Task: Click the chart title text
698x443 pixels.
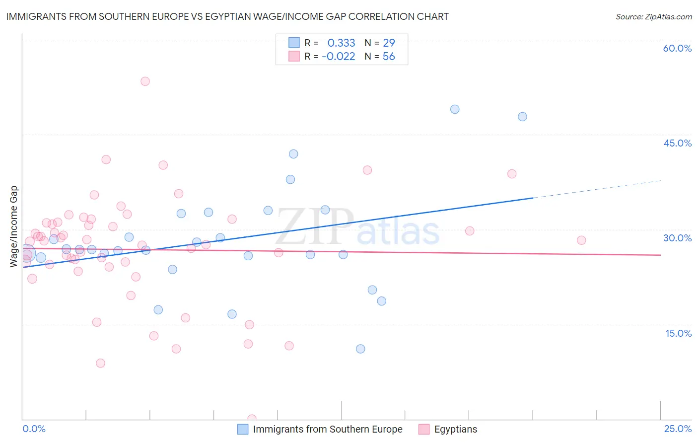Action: (x=227, y=16)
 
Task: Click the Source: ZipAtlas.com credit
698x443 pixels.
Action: (x=653, y=16)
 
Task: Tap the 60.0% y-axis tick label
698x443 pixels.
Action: (x=677, y=48)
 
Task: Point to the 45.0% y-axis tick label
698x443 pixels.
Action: (x=677, y=143)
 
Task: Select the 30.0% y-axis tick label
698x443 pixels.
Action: (x=677, y=238)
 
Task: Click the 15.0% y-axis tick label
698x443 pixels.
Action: (x=678, y=333)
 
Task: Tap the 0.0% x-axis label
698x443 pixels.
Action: (x=34, y=429)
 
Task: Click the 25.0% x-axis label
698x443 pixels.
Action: (x=678, y=429)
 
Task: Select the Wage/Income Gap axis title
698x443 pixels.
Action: (x=14, y=226)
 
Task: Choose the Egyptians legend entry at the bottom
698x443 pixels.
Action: (x=455, y=429)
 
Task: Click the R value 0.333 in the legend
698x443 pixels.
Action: (x=341, y=43)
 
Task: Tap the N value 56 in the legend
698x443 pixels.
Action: (x=389, y=57)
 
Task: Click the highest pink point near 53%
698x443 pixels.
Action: (x=145, y=81)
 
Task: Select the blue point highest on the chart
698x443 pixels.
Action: (x=455, y=109)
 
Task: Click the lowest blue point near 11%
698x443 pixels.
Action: (x=360, y=349)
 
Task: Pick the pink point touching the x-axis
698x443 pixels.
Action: (x=252, y=419)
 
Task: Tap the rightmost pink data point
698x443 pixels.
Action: (x=581, y=240)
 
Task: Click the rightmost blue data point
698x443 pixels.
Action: (x=522, y=117)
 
